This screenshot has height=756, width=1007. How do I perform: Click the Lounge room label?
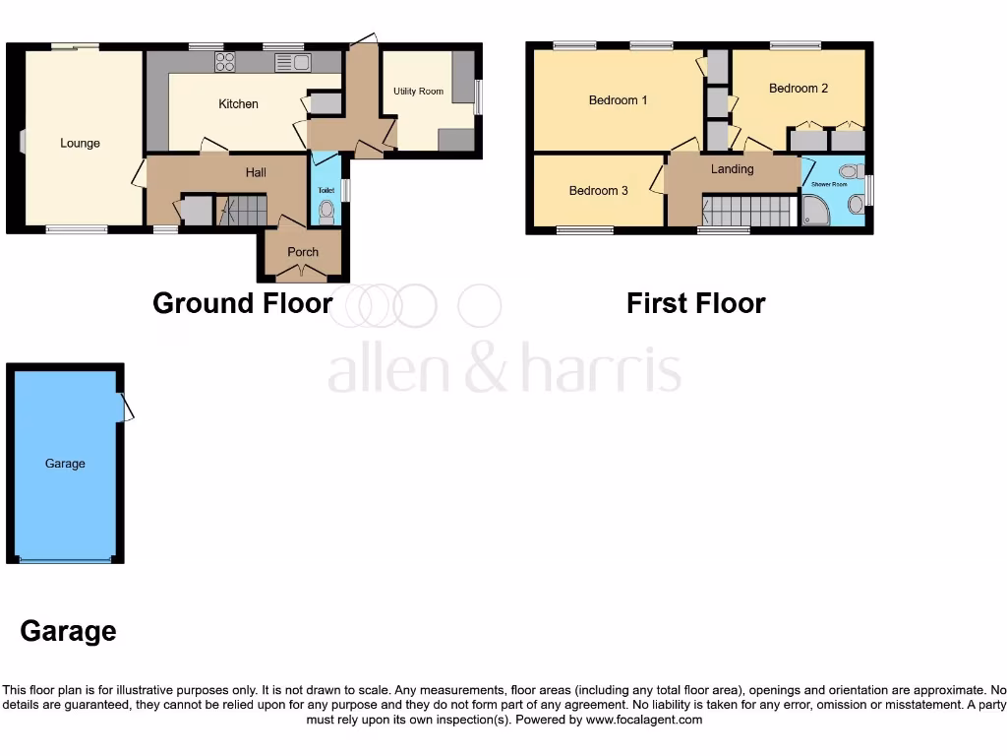pyautogui.click(x=80, y=144)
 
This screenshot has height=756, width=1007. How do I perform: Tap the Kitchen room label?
pyautogui.click(x=238, y=104)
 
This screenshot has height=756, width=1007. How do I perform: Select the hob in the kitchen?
pyautogui.click(x=225, y=62)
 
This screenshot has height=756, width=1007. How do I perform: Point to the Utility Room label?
pyautogui.click(x=418, y=92)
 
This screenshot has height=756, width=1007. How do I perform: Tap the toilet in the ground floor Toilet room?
pyautogui.click(x=326, y=210)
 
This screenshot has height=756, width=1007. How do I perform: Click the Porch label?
pyautogui.click(x=303, y=252)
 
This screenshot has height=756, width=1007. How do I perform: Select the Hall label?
pyautogui.click(x=256, y=172)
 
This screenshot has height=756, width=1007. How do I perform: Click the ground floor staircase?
pyautogui.click(x=243, y=211)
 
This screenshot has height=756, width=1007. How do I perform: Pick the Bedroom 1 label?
pyautogui.click(x=618, y=100)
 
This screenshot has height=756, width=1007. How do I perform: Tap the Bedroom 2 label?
pyautogui.click(x=799, y=89)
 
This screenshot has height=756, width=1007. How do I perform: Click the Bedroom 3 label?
pyautogui.click(x=598, y=191)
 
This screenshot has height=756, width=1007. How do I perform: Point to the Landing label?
pyautogui.click(x=733, y=169)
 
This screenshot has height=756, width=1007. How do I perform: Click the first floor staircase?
pyautogui.click(x=747, y=211)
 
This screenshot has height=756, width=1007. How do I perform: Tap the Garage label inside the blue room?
pyautogui.click(x=65, y=464)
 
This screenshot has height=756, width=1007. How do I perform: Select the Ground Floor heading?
pyautogui.click(x=243, y=303)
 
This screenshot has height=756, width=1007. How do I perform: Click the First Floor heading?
pyautogui.click(x=695, y=303)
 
